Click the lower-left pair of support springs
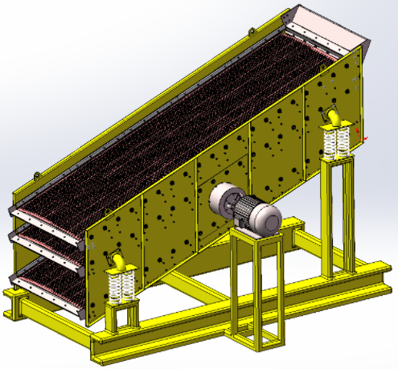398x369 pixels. click(121, 285)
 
